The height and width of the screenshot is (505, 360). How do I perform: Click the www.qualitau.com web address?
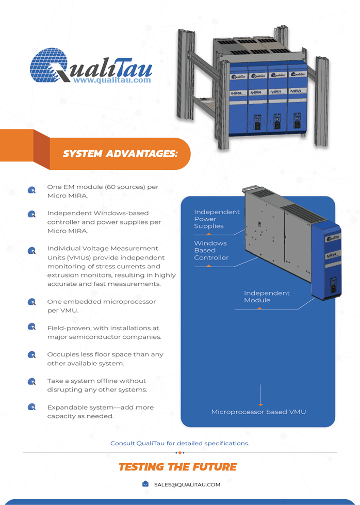tap(112, 80)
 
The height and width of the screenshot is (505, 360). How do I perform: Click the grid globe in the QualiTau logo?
tap(48, 66)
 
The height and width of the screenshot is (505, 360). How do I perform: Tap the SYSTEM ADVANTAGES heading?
tap(120, 154)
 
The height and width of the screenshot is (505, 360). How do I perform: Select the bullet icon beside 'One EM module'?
tap(31, 190)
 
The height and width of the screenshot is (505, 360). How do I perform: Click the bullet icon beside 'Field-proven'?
tap(31, 327)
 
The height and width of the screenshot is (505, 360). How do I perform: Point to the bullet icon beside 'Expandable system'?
tap(31, 407)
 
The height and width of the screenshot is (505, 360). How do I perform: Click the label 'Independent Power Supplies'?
tap(217, 219)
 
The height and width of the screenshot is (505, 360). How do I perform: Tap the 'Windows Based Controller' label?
tap(211, 250)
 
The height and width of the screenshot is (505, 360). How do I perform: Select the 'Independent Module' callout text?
tap(267, 297)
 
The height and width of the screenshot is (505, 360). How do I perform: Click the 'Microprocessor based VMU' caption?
tap(258, 412)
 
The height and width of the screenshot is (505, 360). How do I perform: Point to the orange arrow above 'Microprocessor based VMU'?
tap(260, 395)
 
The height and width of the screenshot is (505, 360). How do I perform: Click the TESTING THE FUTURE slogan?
tap(178, 467)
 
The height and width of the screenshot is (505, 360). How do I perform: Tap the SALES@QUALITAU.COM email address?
tap(187, 484)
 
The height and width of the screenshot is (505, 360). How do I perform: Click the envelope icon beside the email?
tap(145, 484)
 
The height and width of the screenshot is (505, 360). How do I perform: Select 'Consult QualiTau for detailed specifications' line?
tap(179, 443)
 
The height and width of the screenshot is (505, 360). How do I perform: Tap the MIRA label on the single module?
tap(331, 256)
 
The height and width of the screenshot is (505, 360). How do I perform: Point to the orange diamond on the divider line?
tap(180, 453)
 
